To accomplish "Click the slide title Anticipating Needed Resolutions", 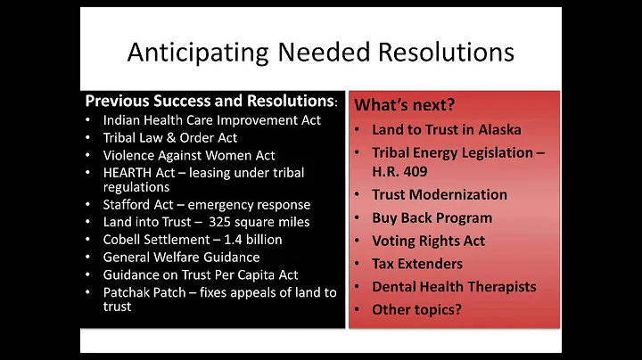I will pos(320,52).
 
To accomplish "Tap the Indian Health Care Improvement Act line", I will pos(212,119).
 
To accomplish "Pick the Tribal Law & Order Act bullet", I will pos(170,136).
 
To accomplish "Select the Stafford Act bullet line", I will pos(207,205).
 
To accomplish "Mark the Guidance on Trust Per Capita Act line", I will pos(201,274).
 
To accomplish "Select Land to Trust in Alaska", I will pos(447,130).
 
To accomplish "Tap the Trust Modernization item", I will pos(440,194).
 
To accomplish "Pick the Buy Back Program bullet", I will pos(432,217).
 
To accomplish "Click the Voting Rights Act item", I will pos(428,241).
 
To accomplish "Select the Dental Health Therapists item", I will pos(454,287).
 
